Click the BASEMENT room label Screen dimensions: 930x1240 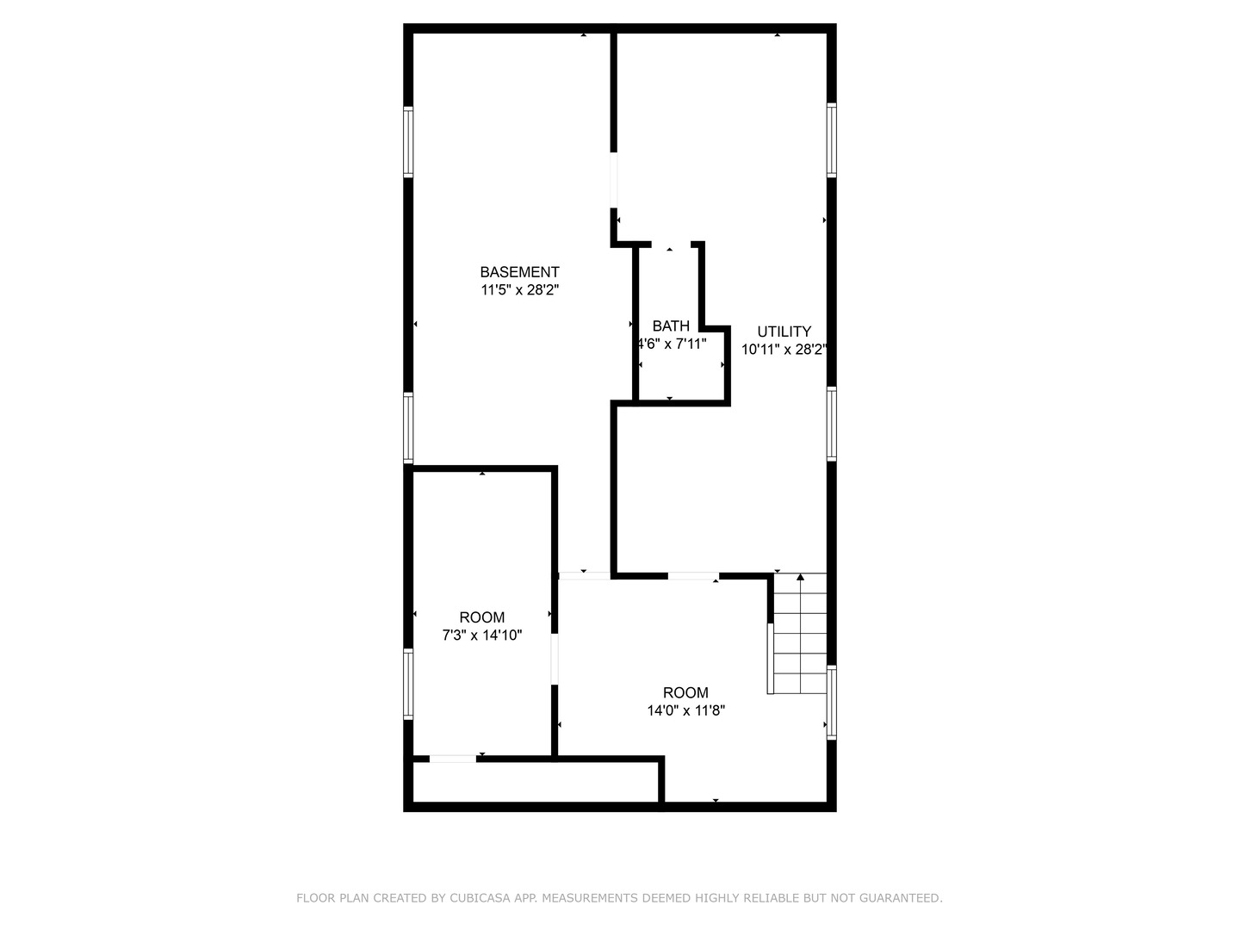[519, 272]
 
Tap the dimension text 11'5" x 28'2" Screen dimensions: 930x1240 [519, 291]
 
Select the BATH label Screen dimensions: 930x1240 [671, 326]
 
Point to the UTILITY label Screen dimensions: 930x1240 [784, 332]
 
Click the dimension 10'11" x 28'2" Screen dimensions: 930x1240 [784, 350]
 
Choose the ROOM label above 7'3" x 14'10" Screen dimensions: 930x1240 [481, 617]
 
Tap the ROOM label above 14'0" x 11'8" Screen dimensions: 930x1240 [685, 692]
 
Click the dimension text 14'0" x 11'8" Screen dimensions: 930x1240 [685, 711]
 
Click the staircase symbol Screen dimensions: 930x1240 [799, 635]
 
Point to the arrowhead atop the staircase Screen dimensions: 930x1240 [800, 577]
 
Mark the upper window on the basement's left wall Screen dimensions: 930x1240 [408, 142]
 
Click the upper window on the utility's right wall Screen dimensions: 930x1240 [832, 139]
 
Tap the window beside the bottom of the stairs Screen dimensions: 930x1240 [832, 702]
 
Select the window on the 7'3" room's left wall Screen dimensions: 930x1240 [408, 684]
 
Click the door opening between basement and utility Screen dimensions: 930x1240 [613, 181]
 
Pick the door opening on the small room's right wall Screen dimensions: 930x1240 [555, 659]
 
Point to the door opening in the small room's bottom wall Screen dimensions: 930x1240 [453, 759]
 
